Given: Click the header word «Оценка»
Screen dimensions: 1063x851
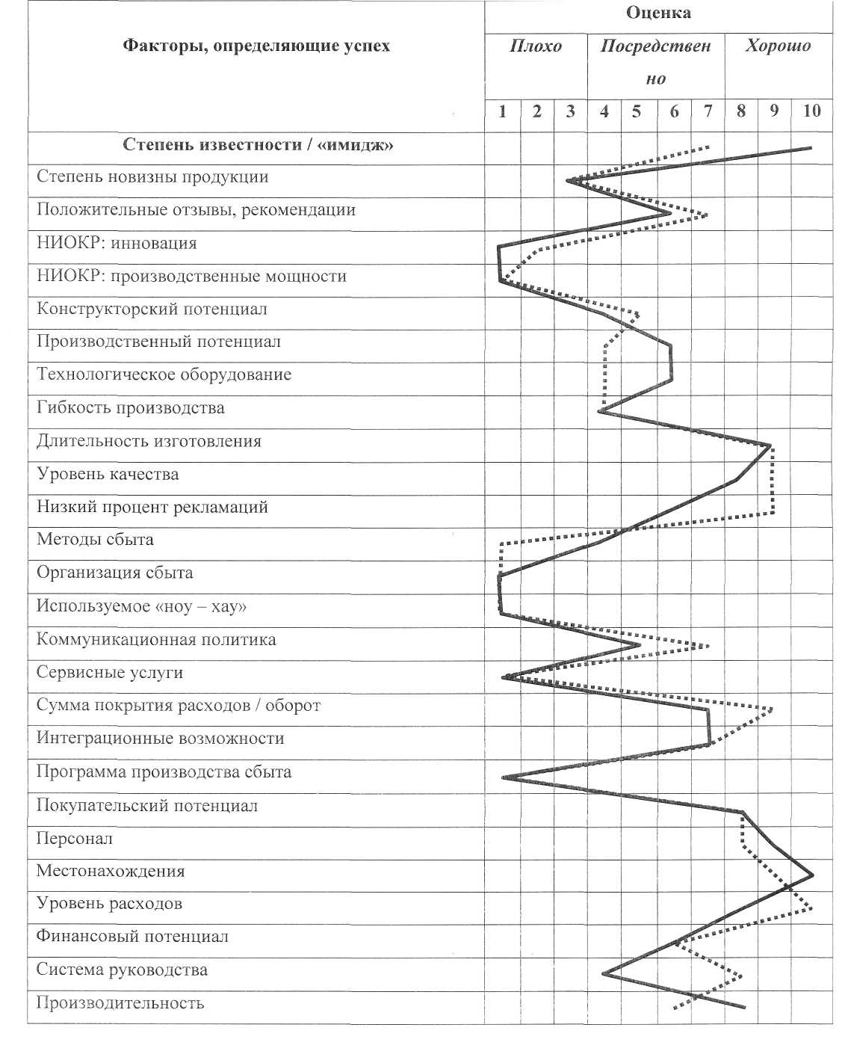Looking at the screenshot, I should pyautogui.click(x=658, y=13).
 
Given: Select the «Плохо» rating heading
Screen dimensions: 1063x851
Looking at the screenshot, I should pyautogui.click(x=536, y=46).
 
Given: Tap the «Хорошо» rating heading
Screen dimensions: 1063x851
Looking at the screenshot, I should pyautogui.click(x=778, y=46).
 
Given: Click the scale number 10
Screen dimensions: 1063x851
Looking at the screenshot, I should pyautogui.click(x=811, y=112).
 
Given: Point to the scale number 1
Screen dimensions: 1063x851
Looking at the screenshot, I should pyautogui.click(x=503, y=112).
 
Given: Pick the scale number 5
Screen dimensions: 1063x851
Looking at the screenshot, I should pyautogui.click(x=637, y=112).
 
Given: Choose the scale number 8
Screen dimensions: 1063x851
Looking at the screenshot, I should pyautogui.click(x=741, y=112).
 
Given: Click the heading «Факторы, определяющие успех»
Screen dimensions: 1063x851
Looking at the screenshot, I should pyautogui.click(x=256, y=46).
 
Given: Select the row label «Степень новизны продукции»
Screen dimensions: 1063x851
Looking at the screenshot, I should pyautogui.click(x=152, y=178).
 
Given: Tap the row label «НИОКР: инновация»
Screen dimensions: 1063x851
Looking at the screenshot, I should pyautogui.click(x=117, y=244).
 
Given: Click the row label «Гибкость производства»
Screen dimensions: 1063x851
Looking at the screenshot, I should pyautogui.click(x=131, y=408).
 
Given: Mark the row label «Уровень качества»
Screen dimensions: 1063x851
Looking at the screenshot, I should pyautogui.click(x=108, y=475).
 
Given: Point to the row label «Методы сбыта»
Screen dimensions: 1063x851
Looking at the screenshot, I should pyautogui.click(x=95, y=540).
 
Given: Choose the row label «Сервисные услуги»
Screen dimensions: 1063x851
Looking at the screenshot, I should pyautogui.click(x=110, y=673).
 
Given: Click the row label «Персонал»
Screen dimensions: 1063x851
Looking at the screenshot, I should pyautogui.click(x=75, y=839).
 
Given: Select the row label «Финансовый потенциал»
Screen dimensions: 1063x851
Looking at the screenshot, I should pyautogui.click(x=132, y=937).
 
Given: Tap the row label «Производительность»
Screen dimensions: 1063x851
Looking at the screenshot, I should pyautogui.click(x=120, y=1004).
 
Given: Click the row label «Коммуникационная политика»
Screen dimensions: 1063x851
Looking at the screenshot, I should pyautogui.click(x=156, y=640).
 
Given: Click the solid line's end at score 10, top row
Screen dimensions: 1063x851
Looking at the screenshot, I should pyautogui.click(x=811, y=148).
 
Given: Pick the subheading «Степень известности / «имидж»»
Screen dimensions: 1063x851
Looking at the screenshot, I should pyautogui.click(x=258, y=145).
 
